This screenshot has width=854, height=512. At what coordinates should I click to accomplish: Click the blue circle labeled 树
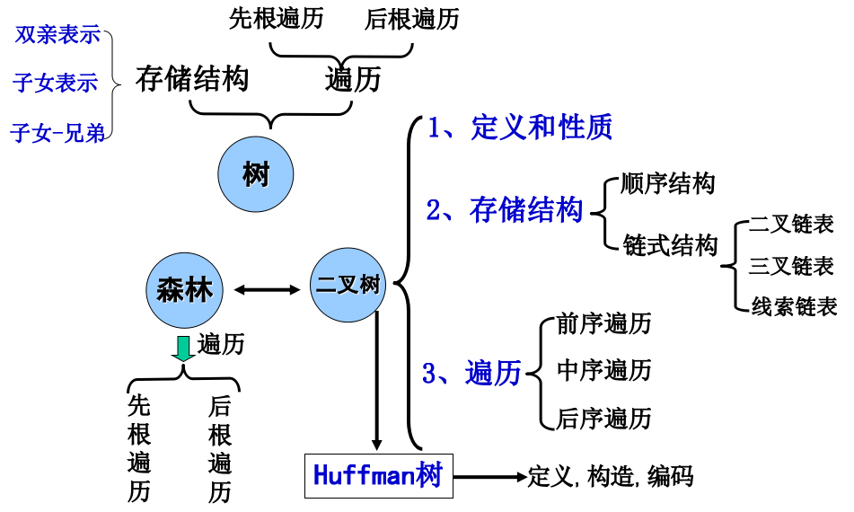click(x=255, y=174)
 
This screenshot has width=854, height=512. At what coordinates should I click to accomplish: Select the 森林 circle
click(x=184, y=290)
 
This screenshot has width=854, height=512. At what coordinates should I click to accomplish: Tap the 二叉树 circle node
click(x=348, y=285)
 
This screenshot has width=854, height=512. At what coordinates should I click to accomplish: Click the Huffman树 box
click(x=379, y=476)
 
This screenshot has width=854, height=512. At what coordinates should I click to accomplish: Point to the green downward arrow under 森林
click(x=183, y=349)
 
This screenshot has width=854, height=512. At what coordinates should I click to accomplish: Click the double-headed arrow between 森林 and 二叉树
click(x=267, y=290)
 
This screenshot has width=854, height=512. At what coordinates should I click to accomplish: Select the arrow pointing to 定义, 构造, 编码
click(x=490, y=477)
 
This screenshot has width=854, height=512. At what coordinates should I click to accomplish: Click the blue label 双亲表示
click(x=57, y=35)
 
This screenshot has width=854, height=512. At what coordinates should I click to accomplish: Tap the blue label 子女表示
click(x=56, y=83)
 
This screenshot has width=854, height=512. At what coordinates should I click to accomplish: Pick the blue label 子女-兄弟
click(x=57, y=133)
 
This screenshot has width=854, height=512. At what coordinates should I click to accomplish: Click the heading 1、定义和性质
click(x=520, y=128)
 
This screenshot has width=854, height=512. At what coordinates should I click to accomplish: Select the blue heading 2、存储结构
click(x=505, y=210)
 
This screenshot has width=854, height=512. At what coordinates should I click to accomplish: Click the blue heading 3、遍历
click(x=471, y=373)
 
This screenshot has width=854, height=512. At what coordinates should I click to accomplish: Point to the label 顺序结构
click(x=668, y=183)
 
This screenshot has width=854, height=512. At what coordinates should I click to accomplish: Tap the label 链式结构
click(x=670, y=245)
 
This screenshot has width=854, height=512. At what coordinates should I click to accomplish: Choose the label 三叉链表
click(x=791, y=267)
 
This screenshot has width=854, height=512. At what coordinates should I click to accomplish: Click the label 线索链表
click(x=794, y=306)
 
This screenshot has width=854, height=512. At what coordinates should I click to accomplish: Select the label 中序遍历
click(x=604, y=370)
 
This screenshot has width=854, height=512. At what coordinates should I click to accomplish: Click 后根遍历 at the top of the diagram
click(x=412, y=19)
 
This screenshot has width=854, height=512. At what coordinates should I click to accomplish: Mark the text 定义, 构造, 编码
click(x=611, y=477)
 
